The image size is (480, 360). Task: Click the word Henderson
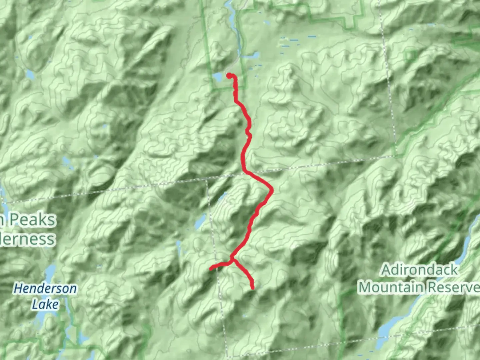point(45,288)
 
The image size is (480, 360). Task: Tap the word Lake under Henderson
point(45,304)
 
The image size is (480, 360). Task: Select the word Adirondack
point(419,270)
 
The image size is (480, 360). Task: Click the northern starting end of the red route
point(229,75)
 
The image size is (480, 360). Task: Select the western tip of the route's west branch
point(211,268)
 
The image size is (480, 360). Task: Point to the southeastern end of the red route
point(253,287)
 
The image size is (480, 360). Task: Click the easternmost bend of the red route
point(272,190)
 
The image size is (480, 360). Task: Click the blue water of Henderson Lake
point(49,273)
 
